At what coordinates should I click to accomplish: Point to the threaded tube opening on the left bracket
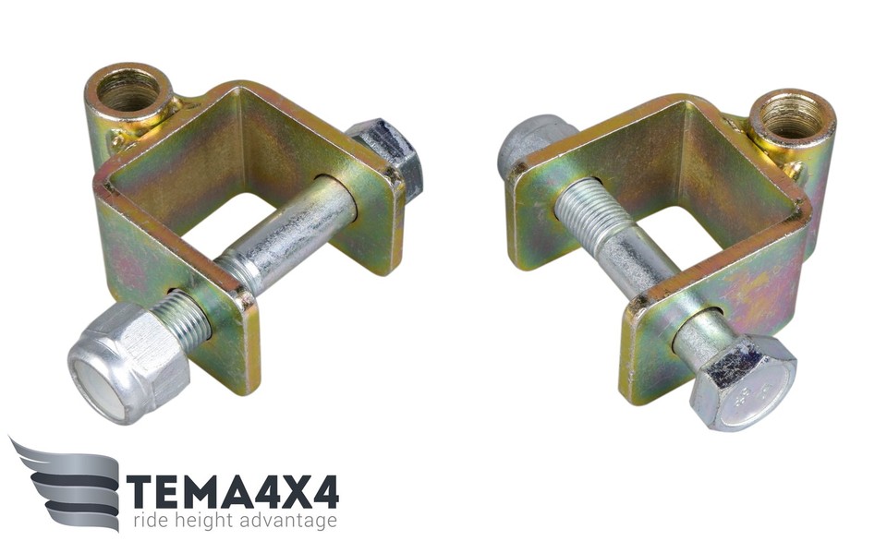[x=129, y=90]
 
